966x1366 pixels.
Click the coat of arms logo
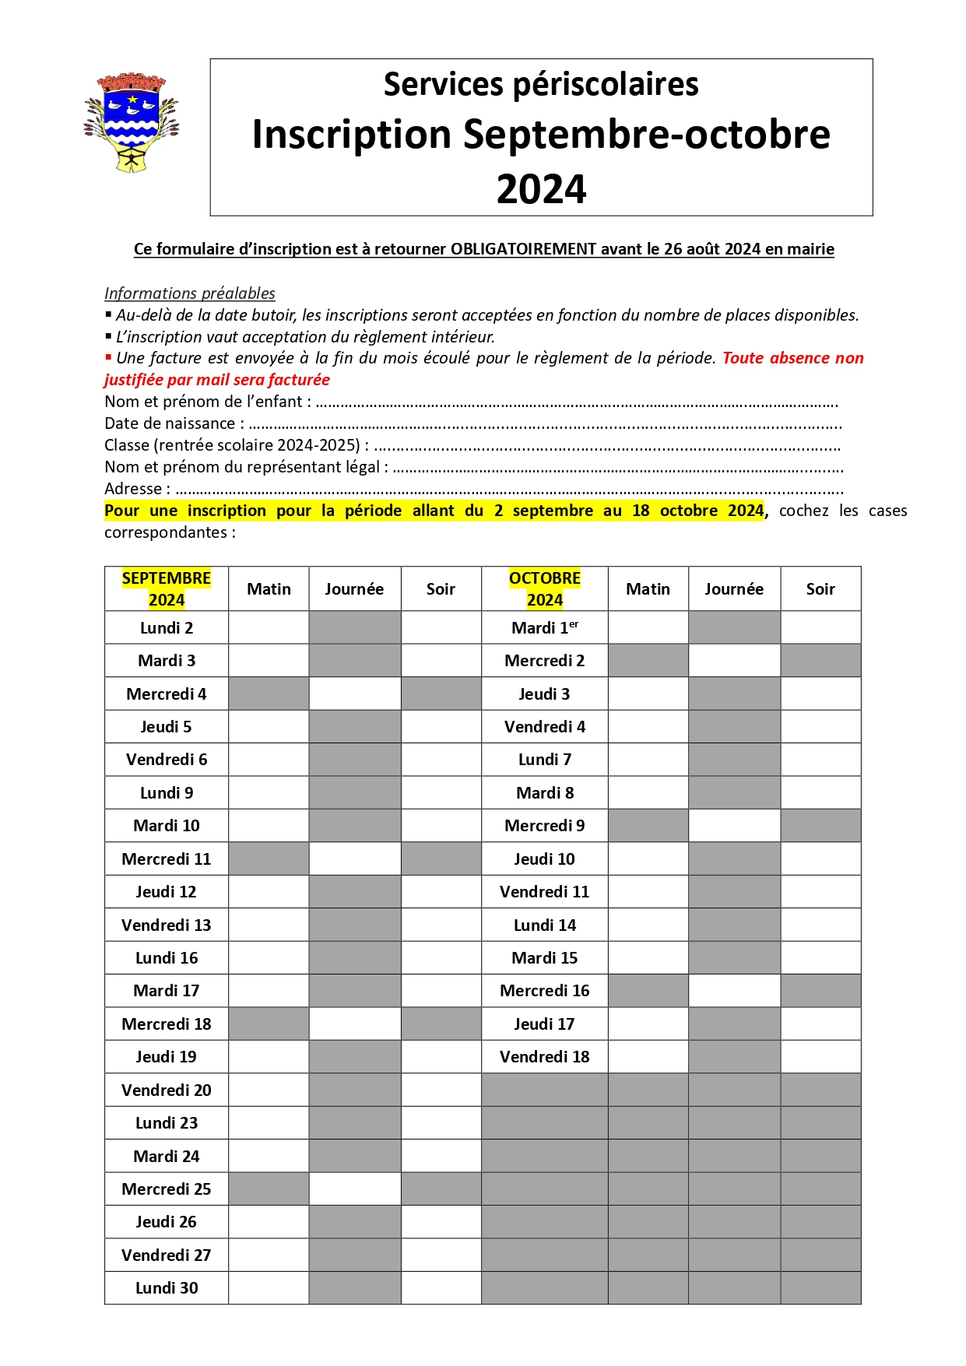[132, 123]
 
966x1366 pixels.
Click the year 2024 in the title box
[541, 189]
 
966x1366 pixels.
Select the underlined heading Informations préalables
[190, 293]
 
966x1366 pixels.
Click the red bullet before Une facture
[108, 358]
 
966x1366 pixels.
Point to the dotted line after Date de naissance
[545, 425]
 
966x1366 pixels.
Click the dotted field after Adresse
[510, 490]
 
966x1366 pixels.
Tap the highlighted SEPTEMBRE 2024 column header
[167, 588]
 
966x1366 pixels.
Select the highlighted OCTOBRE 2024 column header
[544, 588]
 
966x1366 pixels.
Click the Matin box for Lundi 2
[269, 627]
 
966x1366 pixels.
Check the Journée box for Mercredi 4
[355, 694]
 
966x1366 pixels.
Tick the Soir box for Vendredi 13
[441, 925]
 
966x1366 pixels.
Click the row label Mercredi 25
[167, 1189]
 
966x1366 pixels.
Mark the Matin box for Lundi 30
[269, 1287]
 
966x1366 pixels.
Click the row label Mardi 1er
[544, 627]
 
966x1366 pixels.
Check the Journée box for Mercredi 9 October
[734, 825]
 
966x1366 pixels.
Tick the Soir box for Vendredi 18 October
[820, 1056]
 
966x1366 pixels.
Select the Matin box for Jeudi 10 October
[648, 859]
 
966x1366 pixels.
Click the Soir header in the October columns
[820, 589]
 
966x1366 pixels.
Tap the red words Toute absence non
[792, 358]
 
